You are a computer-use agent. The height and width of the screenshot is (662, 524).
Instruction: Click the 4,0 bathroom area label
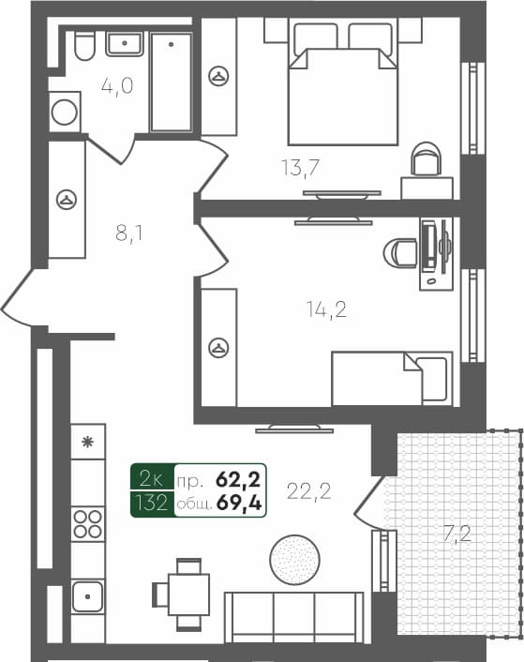pos(117,87)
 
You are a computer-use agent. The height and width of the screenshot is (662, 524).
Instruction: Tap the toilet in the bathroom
pos(83,46)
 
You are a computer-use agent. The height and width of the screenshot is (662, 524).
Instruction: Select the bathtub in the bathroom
pos(172,83)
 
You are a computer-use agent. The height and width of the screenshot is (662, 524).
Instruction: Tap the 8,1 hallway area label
pos(128,233)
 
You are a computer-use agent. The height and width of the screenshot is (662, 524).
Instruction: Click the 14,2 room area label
pos(326,308)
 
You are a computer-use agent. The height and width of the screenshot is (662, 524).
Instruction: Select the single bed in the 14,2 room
pos(392,378)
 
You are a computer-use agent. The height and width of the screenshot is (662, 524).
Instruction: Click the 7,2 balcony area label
pos(459,535)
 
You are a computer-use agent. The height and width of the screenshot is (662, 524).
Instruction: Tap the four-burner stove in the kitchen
pos(88,524)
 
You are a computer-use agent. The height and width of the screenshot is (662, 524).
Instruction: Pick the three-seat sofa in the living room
pos(293,618)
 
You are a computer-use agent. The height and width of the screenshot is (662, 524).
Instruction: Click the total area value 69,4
pos(239,504)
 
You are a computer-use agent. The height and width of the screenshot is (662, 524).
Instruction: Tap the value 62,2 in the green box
pos(238,480)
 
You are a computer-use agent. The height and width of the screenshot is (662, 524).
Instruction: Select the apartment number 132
pos(151,504)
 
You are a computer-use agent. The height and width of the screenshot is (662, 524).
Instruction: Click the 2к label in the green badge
pos(151,480)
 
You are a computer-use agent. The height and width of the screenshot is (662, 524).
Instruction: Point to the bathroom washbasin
pos(124,44)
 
